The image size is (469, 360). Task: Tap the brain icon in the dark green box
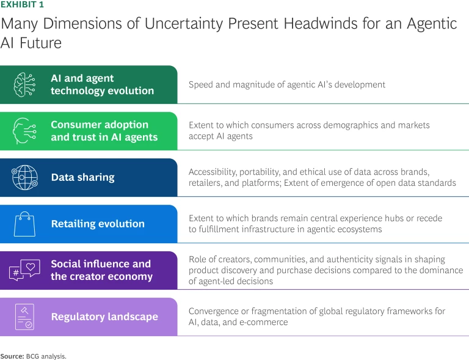25,85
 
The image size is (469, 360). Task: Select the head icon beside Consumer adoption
25,131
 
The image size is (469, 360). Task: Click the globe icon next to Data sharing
25,177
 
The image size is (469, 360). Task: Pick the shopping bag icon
25,223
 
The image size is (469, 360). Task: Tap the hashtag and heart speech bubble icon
25,270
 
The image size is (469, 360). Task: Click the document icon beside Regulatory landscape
25,317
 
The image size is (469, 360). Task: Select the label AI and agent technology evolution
102,84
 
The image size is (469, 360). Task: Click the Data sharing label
82,177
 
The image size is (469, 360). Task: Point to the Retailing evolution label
98,224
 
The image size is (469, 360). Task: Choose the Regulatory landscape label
104,317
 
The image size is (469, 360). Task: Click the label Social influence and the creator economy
101,270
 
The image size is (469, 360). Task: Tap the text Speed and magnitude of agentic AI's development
287,84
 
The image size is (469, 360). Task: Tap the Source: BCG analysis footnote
33,355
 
